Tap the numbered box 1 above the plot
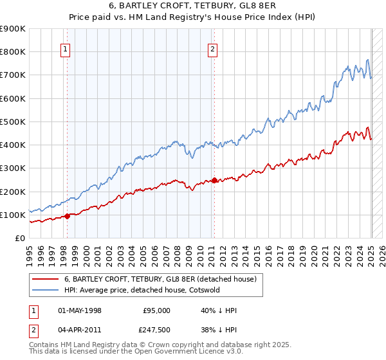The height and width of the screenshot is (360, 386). click(66, 48)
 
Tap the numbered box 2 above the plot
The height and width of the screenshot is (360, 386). click(213, 48)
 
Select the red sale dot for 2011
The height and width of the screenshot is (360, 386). click(214, 181)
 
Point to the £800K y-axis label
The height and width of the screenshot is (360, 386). click(13, 51)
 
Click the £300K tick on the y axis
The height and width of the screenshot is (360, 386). click(13, 168)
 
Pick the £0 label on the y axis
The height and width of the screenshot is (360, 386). click(19, 239)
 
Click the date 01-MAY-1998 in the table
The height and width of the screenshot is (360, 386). click(80, 310)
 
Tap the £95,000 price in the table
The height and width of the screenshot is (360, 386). click(156, 310)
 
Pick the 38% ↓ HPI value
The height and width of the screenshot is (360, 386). click(218, 330)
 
